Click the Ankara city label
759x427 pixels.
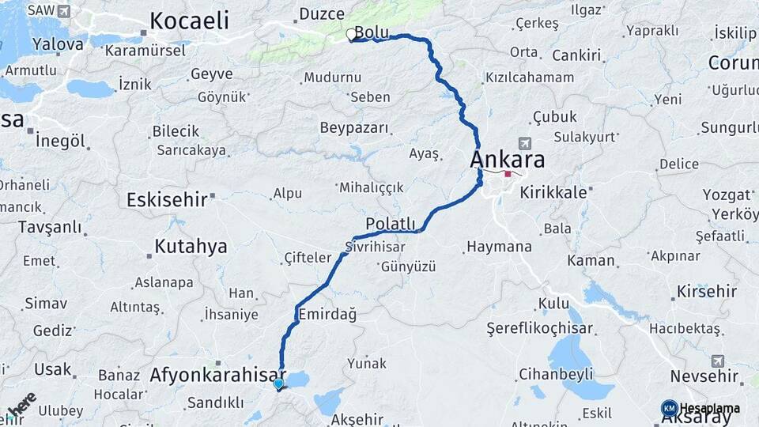point(507,160)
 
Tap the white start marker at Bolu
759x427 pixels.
point(350,34)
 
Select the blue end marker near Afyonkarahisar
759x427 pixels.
point(278,384)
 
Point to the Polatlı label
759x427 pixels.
point(391,224)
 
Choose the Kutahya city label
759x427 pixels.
point(191,247)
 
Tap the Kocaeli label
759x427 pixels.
point(189,21)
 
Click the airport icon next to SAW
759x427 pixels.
point(64,11)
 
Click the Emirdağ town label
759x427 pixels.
point(327,315)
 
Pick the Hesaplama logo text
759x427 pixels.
point(710,409)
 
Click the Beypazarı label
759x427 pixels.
point(354,127)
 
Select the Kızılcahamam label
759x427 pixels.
point(530,77)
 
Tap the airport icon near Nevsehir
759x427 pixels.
point(717,361)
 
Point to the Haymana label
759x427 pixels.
point(499,247)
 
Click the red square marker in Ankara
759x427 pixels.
point(508,174)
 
